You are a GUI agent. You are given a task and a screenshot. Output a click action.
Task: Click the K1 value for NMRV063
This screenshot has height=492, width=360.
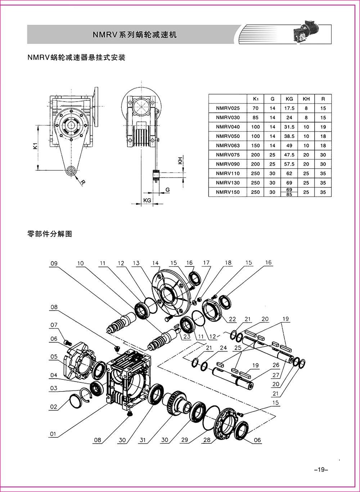[x=255, y=146]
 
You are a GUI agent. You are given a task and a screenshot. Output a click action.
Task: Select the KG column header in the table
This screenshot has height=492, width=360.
[x=289, y=99]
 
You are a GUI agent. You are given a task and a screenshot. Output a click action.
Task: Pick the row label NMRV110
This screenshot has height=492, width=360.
[x=228, y=174]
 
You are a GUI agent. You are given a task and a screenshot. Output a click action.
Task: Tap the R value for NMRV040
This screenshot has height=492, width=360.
[x=323, y=127]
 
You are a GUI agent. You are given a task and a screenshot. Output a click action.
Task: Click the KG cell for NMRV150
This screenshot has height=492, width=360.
[x=289, y=192]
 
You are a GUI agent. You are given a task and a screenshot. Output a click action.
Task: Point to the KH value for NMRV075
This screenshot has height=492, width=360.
[x=306, y=155]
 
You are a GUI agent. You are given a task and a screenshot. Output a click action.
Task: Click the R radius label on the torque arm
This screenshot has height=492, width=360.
[x=83, y=183]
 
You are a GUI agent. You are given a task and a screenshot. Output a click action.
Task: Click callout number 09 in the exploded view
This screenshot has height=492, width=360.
[x=54, y=264]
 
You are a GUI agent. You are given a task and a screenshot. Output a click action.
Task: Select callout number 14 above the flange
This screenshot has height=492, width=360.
[x=155, y=263]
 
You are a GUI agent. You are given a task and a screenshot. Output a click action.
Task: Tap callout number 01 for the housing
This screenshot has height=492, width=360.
[x=53, y=434]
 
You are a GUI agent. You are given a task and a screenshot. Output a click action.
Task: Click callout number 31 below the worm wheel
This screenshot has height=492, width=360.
[x=143, y=440]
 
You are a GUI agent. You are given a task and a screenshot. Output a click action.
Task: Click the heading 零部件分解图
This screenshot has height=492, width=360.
[x=50, y=234]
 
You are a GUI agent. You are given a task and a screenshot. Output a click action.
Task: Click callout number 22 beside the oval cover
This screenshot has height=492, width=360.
[x=232, y=319]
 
